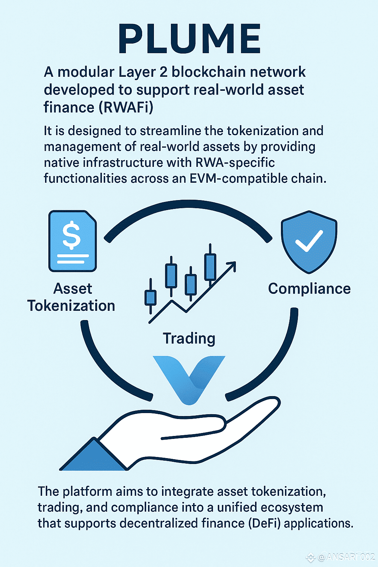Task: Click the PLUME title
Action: [189, 38]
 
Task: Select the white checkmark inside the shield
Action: [309, 241]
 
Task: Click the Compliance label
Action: [309, 289]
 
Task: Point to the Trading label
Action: [189, 338]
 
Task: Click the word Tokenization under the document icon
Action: [71, 306]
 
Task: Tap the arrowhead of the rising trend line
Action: [232, 266]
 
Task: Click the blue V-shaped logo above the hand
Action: [189, 380]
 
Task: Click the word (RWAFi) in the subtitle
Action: [126, 107]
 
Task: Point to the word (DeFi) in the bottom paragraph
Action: [264, 523]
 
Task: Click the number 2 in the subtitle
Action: [164, 72]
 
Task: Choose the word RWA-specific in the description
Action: [235, 163]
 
